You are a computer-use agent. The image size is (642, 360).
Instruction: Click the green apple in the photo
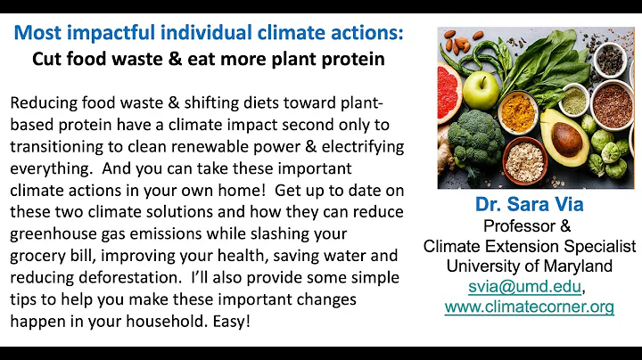[482, 88]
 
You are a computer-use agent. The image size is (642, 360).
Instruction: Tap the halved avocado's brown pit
[566, 141]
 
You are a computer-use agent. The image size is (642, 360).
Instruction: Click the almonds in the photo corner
[460, 41]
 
